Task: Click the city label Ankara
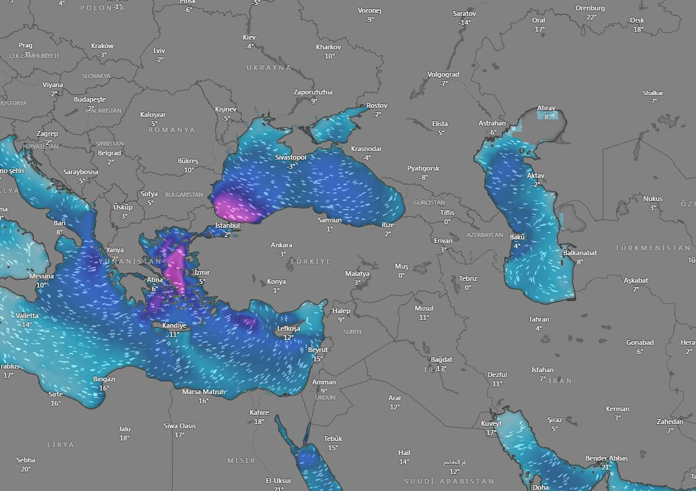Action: [x=281, y=245]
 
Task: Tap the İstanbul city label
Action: [x=228, y=225]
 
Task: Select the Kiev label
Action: [x=249, y=37]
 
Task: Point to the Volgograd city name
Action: [x=443, y=74]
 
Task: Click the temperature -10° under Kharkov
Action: [x=329, y=56]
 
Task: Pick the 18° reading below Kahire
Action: [x=259, y=422]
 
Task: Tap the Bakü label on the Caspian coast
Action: [x=517, y=237]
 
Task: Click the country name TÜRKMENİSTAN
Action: [x=653, y=248]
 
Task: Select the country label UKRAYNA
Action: [x=269, y=68]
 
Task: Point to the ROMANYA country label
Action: [x=171, y=130]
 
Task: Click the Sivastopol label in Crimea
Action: [x=290, y=157]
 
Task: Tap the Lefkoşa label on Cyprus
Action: [x=289, y=328]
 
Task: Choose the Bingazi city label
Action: [x=104, y=379]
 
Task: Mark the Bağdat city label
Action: [x=441, y=359]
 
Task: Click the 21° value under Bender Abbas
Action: [x=606, y=467]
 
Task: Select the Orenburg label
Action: [x=590, y=8]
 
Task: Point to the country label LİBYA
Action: [x=60, y=445]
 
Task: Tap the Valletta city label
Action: [x=27, y=316]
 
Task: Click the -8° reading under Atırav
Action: [x=547, y=117]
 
